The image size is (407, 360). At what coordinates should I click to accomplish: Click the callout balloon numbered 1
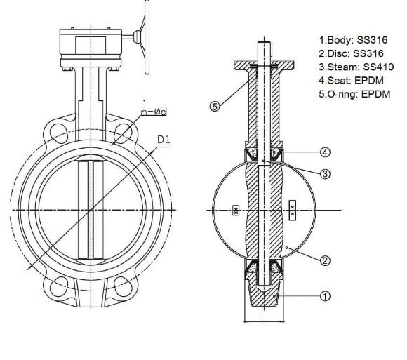[325, 296]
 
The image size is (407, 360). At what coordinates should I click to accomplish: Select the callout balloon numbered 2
[325, 261]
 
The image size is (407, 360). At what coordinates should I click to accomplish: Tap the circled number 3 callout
[325, 173]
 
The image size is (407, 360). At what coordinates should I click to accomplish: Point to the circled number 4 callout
[325, 152]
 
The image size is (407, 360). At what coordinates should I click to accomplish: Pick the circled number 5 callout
[215, 107]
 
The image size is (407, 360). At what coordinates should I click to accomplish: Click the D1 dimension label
[164, 140]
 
